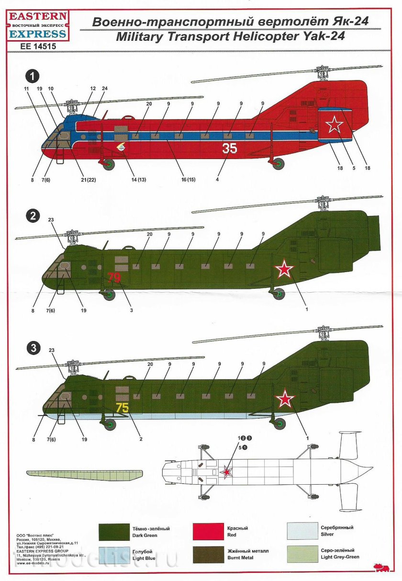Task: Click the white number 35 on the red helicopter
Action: pos(230,148)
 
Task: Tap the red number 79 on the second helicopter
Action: pos(114,278)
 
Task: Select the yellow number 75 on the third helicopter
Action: pos(122,408)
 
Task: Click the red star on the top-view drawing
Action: pos(226,472)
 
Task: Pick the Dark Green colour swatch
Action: pos(114,532)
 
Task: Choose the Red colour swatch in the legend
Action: pos(208,532)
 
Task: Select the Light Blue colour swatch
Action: pos(114,555)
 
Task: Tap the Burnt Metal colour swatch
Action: pos(208,555)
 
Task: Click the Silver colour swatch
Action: pos(302,532)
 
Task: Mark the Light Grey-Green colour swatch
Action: pos(302,555)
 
